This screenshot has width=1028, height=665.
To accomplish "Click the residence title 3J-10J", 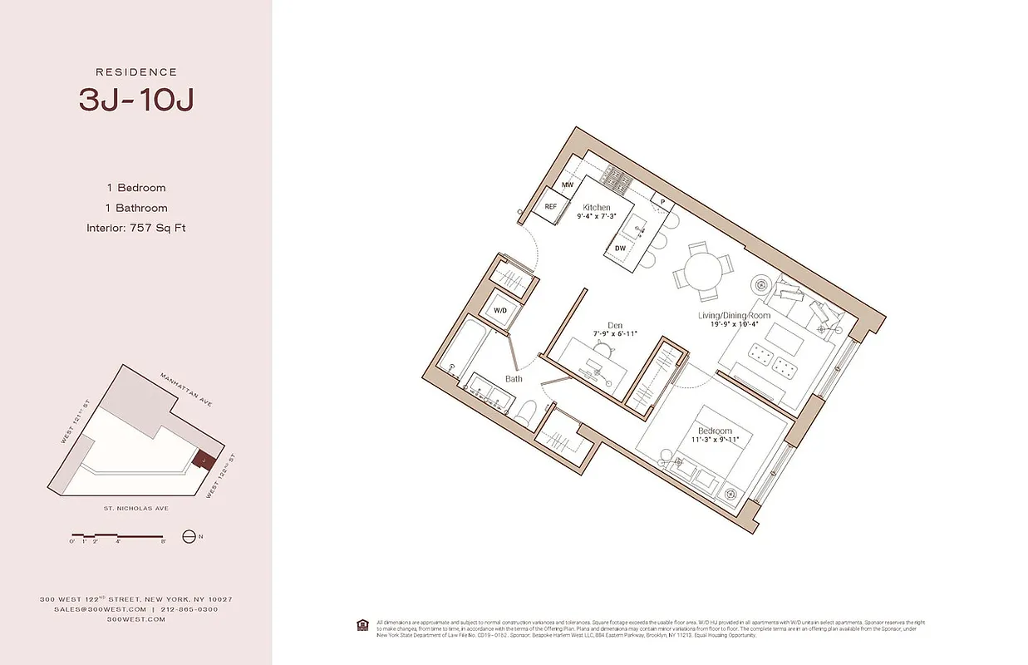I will point(136,100).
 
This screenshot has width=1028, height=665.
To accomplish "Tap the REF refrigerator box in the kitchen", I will point(550,207).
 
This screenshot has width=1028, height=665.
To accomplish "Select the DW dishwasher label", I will point(620,248).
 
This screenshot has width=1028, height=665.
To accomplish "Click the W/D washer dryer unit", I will point(500,310).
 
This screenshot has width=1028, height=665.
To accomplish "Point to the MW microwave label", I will point(568,185).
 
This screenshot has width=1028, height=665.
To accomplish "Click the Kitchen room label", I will point(596,207).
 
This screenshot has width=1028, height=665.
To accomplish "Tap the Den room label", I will point(615,326).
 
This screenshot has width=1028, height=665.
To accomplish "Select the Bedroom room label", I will point(715,431).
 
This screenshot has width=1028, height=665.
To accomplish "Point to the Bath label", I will point(514,379).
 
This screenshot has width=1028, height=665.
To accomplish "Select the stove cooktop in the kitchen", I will point(616,175).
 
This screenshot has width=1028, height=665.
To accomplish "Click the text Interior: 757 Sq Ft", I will point(135,228).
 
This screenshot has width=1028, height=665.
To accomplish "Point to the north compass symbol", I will point(189,537).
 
